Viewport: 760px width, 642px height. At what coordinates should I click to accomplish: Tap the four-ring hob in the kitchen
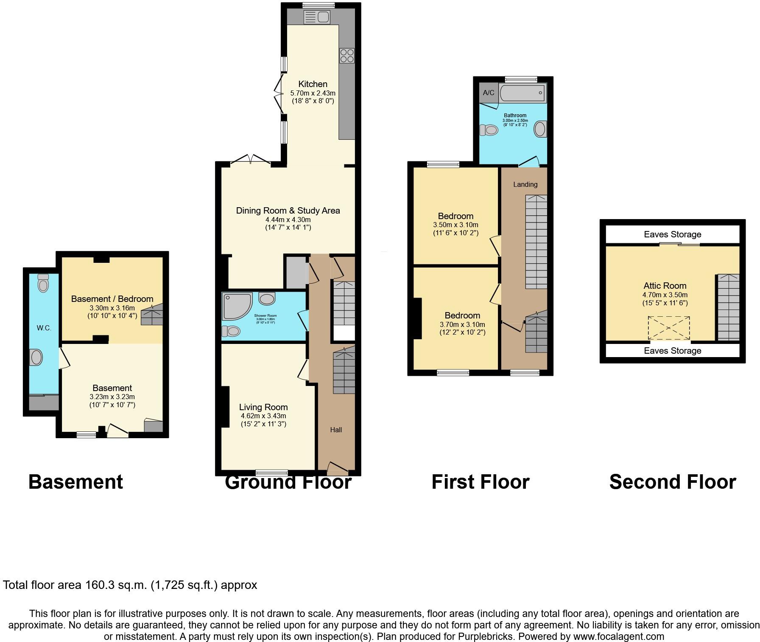point(346,56)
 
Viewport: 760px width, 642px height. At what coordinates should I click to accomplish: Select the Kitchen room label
point(313,84)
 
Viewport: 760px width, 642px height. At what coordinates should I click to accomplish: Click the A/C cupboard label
point(489,93)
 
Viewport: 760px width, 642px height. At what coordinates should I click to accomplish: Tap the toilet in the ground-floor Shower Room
point(231,331)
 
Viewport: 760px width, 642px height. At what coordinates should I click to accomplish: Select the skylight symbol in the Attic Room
point(669,328)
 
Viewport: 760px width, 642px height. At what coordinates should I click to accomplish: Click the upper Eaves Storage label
point(672,234)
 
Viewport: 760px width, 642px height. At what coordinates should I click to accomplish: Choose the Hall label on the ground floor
point(336,430)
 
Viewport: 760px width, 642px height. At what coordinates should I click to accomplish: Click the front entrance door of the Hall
point(338,468)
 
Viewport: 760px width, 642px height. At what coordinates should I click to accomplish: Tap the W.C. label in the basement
point(44,328)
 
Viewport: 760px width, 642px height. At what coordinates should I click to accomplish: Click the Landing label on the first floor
point(525,184)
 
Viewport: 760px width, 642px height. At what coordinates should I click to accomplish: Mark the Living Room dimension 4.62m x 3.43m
point(263,416)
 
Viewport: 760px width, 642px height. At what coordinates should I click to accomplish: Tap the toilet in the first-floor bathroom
point(489,130)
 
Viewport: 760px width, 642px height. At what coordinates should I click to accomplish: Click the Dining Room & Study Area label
point(288,211)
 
